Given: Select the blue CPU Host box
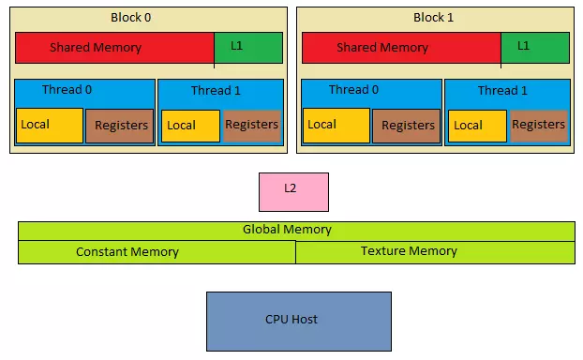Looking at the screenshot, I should pos(298,320).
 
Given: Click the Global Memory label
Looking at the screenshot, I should pos(287,230).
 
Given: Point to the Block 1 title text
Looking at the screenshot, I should pos(432,18).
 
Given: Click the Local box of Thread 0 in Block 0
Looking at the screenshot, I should pos(50,125).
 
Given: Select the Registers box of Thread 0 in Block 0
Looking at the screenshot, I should pos(119,126).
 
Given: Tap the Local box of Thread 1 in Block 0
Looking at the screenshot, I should pos(191,126).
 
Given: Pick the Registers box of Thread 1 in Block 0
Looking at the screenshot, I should pos(251,126).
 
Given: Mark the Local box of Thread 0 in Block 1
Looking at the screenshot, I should pos(336,125).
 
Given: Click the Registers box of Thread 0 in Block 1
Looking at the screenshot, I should pos(406,126).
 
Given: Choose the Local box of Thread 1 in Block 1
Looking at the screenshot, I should pos(477,126).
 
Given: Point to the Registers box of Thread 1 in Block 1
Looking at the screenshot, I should pos(538,126).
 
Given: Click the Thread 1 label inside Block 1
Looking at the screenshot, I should pos(502,91).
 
